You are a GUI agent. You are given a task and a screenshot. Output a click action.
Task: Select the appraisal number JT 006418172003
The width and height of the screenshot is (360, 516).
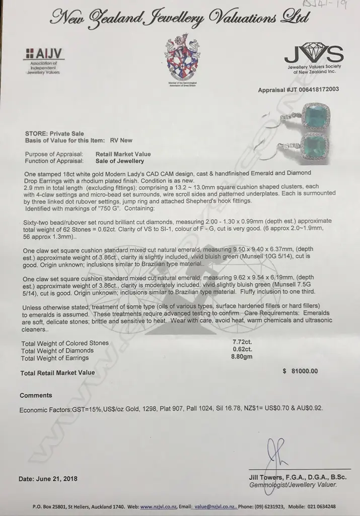coord(298,90)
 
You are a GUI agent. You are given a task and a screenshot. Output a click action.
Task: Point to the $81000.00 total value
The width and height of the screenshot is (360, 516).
coord(301,371)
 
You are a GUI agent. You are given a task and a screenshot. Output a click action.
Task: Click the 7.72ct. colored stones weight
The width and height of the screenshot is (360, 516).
coord(239,342)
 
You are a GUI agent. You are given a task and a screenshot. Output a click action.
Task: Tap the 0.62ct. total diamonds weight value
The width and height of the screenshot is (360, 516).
coord(239,350)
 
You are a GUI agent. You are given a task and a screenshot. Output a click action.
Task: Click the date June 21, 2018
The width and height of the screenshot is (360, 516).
coord(48,479)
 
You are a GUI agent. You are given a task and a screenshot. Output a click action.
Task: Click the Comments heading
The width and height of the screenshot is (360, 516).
coord(36,395)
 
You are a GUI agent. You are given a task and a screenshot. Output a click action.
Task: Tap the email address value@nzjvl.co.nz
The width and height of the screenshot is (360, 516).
coord(215,506)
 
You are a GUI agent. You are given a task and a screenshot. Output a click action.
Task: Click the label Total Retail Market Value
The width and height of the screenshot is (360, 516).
coord(57,373)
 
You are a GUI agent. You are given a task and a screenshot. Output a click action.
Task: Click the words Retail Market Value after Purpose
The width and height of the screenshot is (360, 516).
coord(123,154)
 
